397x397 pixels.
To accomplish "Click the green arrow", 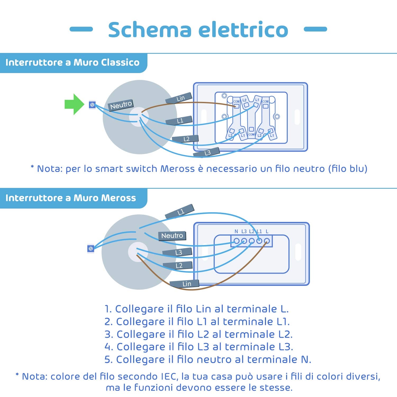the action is click(x=74, y=104).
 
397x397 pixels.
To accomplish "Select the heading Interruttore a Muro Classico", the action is click(x=72, y=62).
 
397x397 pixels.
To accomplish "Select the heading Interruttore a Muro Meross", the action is click(x=71, y=198).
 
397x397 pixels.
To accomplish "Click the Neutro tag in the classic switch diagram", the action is click(x=121, y=105).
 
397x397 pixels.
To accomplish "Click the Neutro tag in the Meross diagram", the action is click(x=172, y=236).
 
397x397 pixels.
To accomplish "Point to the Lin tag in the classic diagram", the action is click(x=179, y=98).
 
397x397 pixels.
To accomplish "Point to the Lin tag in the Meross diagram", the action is click(x=184, y=284).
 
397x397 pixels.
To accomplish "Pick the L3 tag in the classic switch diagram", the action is click(x=206, y=152).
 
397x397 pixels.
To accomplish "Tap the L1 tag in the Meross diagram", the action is click(x=180, y=211).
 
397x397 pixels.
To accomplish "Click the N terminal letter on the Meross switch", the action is click(x=236, y=232).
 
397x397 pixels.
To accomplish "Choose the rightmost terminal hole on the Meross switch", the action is click(x=267, y=241).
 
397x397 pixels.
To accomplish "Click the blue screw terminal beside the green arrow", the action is click(x=92, y=105).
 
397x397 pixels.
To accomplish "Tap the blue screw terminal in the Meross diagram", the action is click(x=91, y=249).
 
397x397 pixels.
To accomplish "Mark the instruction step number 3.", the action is click(x=109, y=334).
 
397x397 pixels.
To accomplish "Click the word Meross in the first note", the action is click(x=177, y=169).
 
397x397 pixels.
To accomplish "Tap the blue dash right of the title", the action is click(x=315, y=29).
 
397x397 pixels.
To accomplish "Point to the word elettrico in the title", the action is click(x=243, y=29).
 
